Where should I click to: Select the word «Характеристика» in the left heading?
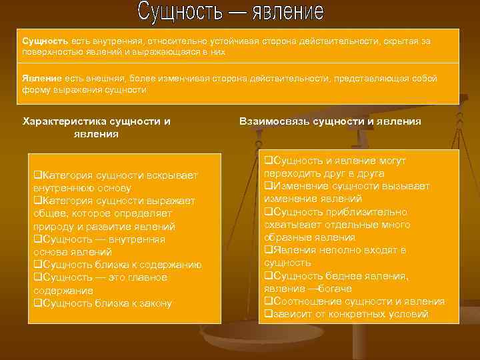tap(63, 121)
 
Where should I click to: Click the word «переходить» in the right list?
tap(290, 173)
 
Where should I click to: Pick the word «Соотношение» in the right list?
tap(304, 301)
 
